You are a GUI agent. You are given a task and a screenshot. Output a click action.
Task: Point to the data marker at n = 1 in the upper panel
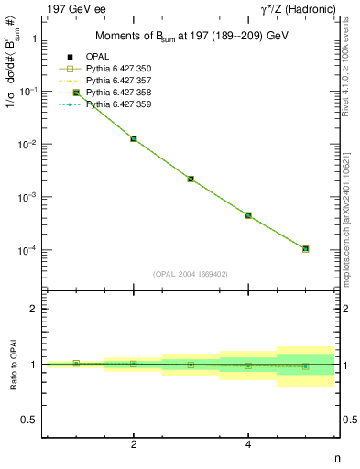(76, 93)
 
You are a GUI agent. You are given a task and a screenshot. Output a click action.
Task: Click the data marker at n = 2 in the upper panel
(134, 138)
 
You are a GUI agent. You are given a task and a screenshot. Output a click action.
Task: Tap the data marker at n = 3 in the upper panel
(191, 179)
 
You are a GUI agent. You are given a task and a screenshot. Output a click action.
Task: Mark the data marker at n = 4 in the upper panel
(248, 215)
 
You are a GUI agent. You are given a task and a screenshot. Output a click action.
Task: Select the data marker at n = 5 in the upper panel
(305, 248)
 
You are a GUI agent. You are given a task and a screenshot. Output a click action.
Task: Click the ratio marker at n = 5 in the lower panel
(305, 366)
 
